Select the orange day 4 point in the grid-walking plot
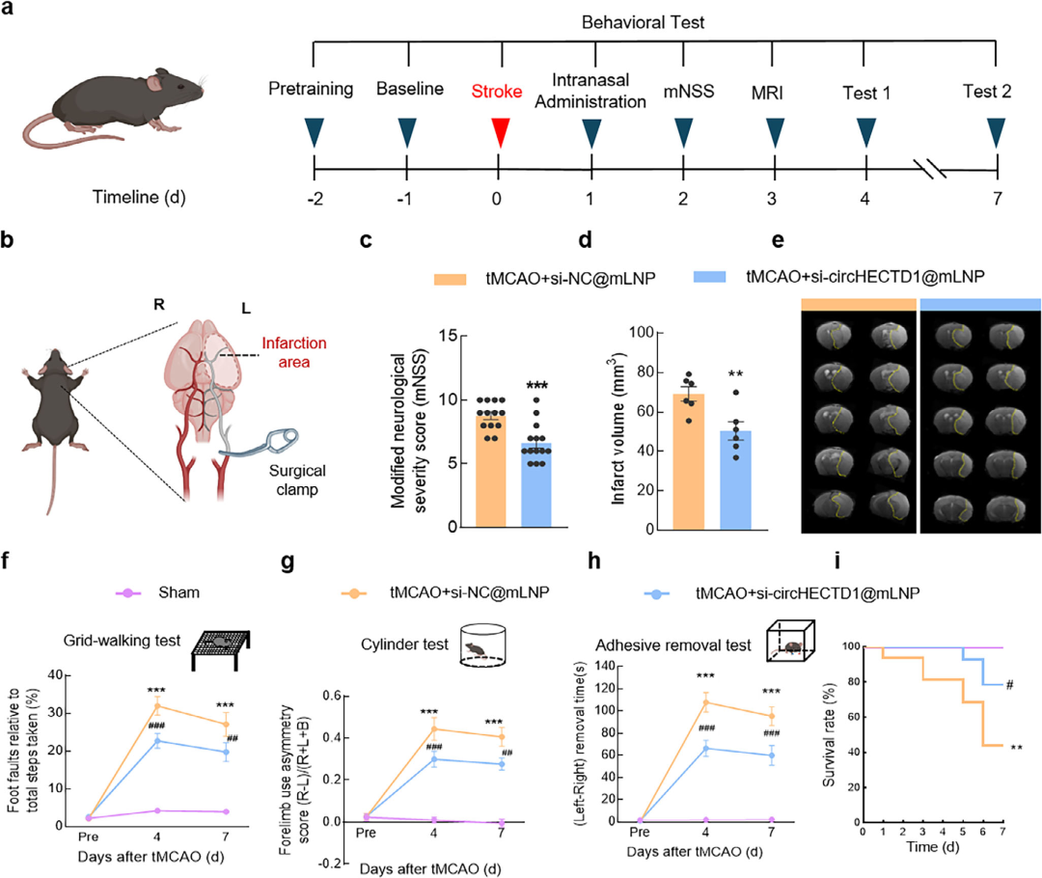[x=157, y=706]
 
